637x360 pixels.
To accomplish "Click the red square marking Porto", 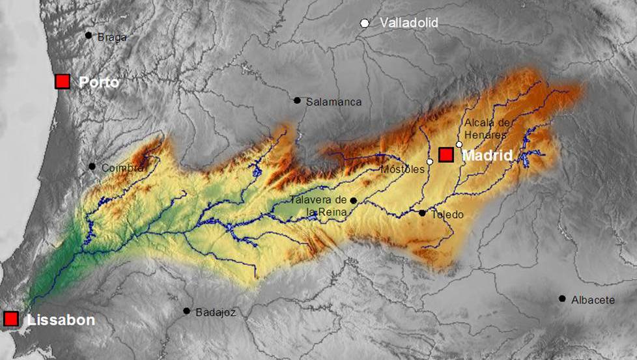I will click(62, 81).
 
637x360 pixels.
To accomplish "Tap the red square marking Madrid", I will click(446, 155).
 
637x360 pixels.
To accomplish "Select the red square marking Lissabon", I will click(10, 319).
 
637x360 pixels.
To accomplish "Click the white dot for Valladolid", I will click(365, 23).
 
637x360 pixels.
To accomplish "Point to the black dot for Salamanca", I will click(297, 100).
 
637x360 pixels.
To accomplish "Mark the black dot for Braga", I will click(89, 35).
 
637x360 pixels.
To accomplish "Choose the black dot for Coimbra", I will click(92, 166).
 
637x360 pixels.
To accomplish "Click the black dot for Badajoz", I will click(186, 311).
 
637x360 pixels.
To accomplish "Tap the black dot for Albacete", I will click(562, 298).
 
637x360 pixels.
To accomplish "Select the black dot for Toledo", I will click(422, 213).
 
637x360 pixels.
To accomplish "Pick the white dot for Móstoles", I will click(430, 161).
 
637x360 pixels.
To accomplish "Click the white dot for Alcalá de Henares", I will click(459, 145).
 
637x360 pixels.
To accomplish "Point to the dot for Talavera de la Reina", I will click(353, 201).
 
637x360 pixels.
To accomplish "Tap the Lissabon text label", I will click(61, 320).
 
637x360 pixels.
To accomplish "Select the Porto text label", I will click(98, 83).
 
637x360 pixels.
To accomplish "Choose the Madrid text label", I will click(487, 156).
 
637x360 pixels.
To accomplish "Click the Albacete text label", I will click(593, 300).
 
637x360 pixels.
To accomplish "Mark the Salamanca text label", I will click(333, 102).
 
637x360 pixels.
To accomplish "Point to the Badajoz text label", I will click(216, 312).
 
